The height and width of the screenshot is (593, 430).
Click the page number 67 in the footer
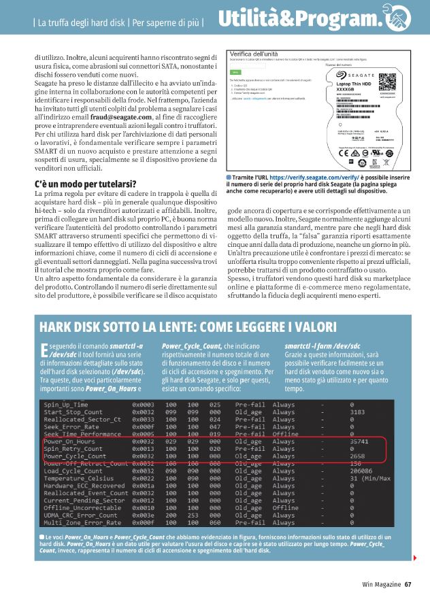tap(408, 583)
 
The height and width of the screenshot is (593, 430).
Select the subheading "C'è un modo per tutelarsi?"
tap(84, 185)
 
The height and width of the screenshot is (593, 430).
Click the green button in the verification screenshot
tap(235, 71)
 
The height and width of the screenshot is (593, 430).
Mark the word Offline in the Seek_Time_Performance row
tap(286, 433)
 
